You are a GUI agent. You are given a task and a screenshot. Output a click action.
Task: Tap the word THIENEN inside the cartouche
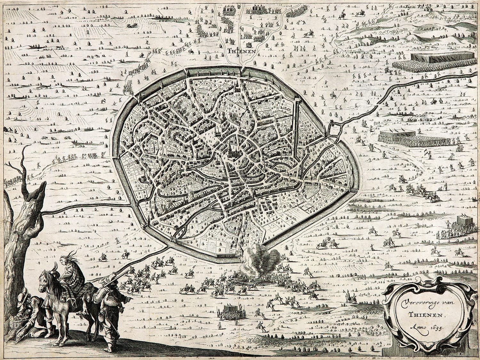point(419,314)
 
